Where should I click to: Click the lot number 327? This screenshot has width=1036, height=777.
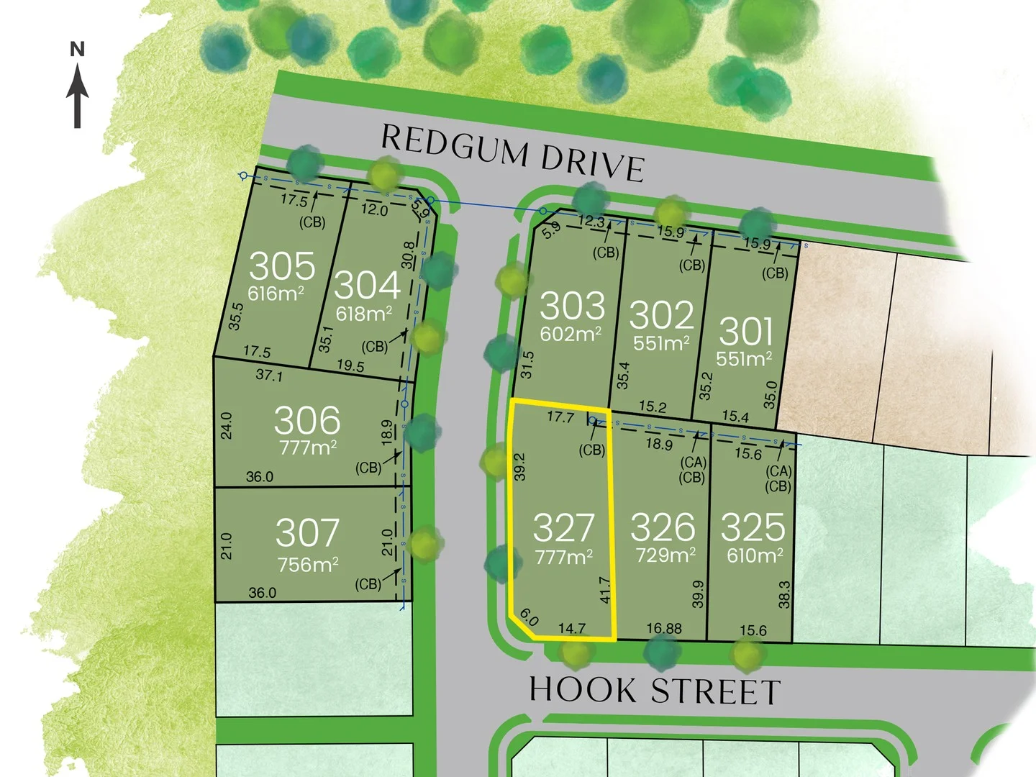(x=564, y=529)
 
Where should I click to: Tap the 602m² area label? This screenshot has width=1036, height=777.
(x=571, y=334)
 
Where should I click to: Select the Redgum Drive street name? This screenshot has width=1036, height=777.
(x=512, y=153)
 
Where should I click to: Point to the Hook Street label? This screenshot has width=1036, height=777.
(x=655, y=691)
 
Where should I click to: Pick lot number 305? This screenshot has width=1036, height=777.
(x=282, y=266)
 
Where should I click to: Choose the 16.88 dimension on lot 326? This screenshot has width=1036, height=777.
(x=663, y=629)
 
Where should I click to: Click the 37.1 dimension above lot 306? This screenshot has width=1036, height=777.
(x=269, y=375)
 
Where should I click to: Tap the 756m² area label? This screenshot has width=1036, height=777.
(x=308, y=565)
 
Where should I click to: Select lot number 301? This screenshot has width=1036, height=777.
(x=746, y=332)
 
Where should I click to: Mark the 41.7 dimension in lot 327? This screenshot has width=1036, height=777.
(x=604, y=590)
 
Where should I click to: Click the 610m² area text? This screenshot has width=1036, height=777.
(x=755, y=555)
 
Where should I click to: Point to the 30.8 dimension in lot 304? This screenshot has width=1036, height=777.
(x=409, y=255)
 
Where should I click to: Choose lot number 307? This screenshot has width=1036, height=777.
(x=307, y=533)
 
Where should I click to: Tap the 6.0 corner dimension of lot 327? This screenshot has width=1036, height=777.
(x=528, y=617)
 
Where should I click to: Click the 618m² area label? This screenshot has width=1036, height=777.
(x=364, y=314)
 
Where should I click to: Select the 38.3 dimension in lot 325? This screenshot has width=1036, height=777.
(x=784, y=594)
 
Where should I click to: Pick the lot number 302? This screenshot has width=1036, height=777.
(x=661, y=314)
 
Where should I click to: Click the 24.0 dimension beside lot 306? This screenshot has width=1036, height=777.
(x=226, y=425)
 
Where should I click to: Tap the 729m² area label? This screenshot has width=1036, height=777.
(x=665, y=555)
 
